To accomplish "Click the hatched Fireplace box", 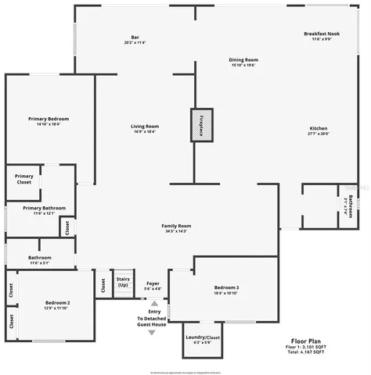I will pos(200,125).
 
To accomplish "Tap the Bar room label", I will pos(135,37).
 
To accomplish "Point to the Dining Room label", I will pos(243,60).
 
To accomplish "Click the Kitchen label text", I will pos(318,128).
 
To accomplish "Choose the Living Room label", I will pos(145,127).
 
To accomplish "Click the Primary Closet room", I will pos(24,179).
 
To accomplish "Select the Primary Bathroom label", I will pos(44,208).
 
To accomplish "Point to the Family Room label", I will pos(176,227).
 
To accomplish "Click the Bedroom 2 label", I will pos(57,302).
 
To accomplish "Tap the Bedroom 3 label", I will pos(226,287).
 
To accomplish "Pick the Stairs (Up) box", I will pos(123,281).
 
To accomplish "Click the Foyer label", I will pos(153,284).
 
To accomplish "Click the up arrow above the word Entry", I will pos(154,303).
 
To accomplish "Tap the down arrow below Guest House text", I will pos(152,333).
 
